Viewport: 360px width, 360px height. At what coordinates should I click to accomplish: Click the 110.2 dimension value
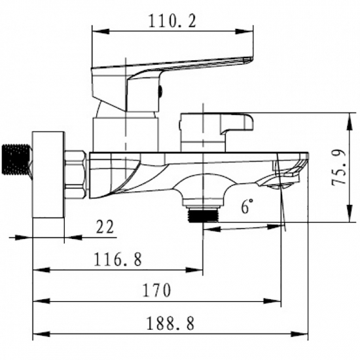pos(172,21)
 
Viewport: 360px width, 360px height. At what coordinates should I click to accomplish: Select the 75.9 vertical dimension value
pos(338,167)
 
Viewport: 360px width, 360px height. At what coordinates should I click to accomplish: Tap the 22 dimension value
pos(105,226)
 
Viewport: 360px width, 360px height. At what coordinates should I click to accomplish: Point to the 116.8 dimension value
pos(118,259)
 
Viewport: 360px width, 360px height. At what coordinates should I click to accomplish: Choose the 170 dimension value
pos(157,290)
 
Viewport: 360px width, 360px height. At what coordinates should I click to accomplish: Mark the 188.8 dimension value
pos(170,323)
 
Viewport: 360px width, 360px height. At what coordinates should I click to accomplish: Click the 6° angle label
pos(247,206)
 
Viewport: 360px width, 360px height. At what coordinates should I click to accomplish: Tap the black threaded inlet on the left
pos(16,159)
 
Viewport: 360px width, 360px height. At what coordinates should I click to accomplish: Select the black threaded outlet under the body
pos(203,215)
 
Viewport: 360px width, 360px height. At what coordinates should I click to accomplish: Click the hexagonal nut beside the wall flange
pos(75,175)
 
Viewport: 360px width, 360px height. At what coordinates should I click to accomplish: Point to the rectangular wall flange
pos(48,175)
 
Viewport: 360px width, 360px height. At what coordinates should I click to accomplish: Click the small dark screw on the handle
pos(161,92)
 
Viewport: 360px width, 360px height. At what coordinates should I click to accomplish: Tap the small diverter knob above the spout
pos(217,132)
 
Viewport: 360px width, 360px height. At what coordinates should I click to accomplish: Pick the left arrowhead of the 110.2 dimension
pos(101,31)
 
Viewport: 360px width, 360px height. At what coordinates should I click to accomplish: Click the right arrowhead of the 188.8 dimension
pos(299,334)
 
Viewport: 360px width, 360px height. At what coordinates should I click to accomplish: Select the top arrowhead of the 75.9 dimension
pos(350,122)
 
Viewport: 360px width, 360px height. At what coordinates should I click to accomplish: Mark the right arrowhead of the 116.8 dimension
pos(194,270)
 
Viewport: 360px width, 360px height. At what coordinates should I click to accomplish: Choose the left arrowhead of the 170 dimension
pos(41,301)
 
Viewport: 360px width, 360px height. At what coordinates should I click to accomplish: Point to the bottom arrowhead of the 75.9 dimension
pos(350,213)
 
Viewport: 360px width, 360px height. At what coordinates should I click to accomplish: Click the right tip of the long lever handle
pos(253,58)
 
